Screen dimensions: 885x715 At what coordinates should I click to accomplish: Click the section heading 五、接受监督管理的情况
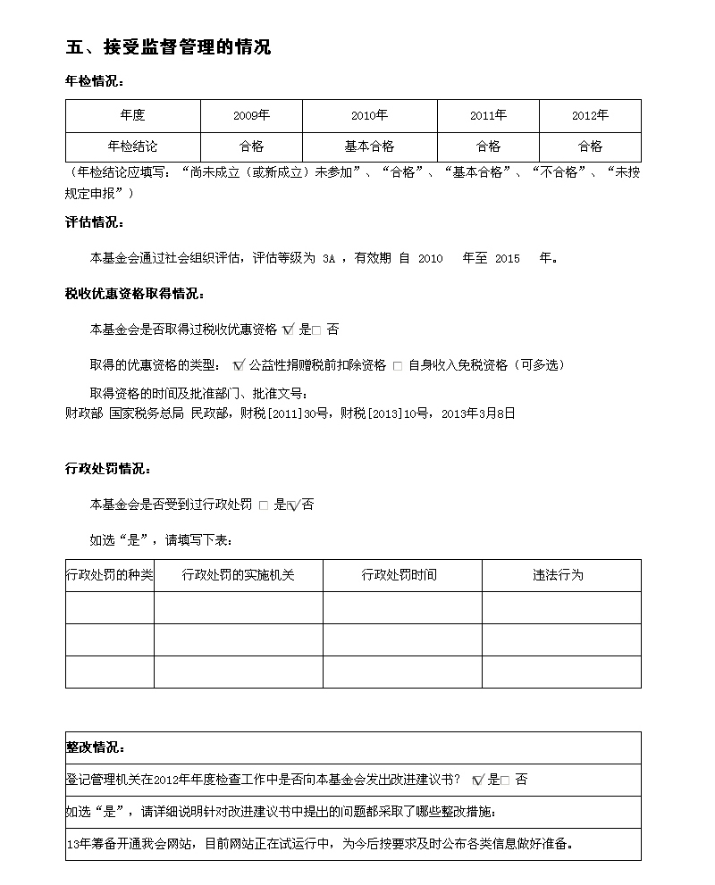pyautogui.click(x=168, y=47)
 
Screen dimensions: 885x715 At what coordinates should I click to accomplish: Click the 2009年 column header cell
pyautogui.click(x=251, y=116)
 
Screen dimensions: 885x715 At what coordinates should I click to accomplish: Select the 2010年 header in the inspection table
pyautogui.click(x=369, y=116)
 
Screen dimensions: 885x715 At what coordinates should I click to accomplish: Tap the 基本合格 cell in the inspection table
pyautogui.click(x=369, y=146)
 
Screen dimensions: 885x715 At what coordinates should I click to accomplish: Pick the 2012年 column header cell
pyautogui.click(x=590, y=116)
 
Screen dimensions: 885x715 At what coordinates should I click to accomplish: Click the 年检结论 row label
pyautogui.click(x=132, y=146)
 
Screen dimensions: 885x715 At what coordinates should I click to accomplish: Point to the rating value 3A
pyautogui.click(x=328, y=259)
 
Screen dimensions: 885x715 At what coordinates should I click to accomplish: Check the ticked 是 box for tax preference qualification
pyautogui.click(x=288, y=330)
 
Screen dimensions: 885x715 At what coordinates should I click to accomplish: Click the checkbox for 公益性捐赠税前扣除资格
pyautogui.click(x=239, y=365)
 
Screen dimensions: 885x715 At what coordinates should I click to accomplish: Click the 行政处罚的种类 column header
pyautogui.click(x=110, y=575)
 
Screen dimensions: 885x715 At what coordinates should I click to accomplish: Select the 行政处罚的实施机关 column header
pyautogui.click(x=238, y=575)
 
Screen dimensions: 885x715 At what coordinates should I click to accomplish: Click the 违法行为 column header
pyautogui.click(x=558, y=575)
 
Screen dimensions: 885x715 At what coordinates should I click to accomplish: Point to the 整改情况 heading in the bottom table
pyautogui.click(x=96, y=747)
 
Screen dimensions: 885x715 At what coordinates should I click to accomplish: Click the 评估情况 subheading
pyautogui.click(x=95, y=222)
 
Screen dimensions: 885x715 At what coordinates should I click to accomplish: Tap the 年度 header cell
pyautogui.click(x=132, y=116)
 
